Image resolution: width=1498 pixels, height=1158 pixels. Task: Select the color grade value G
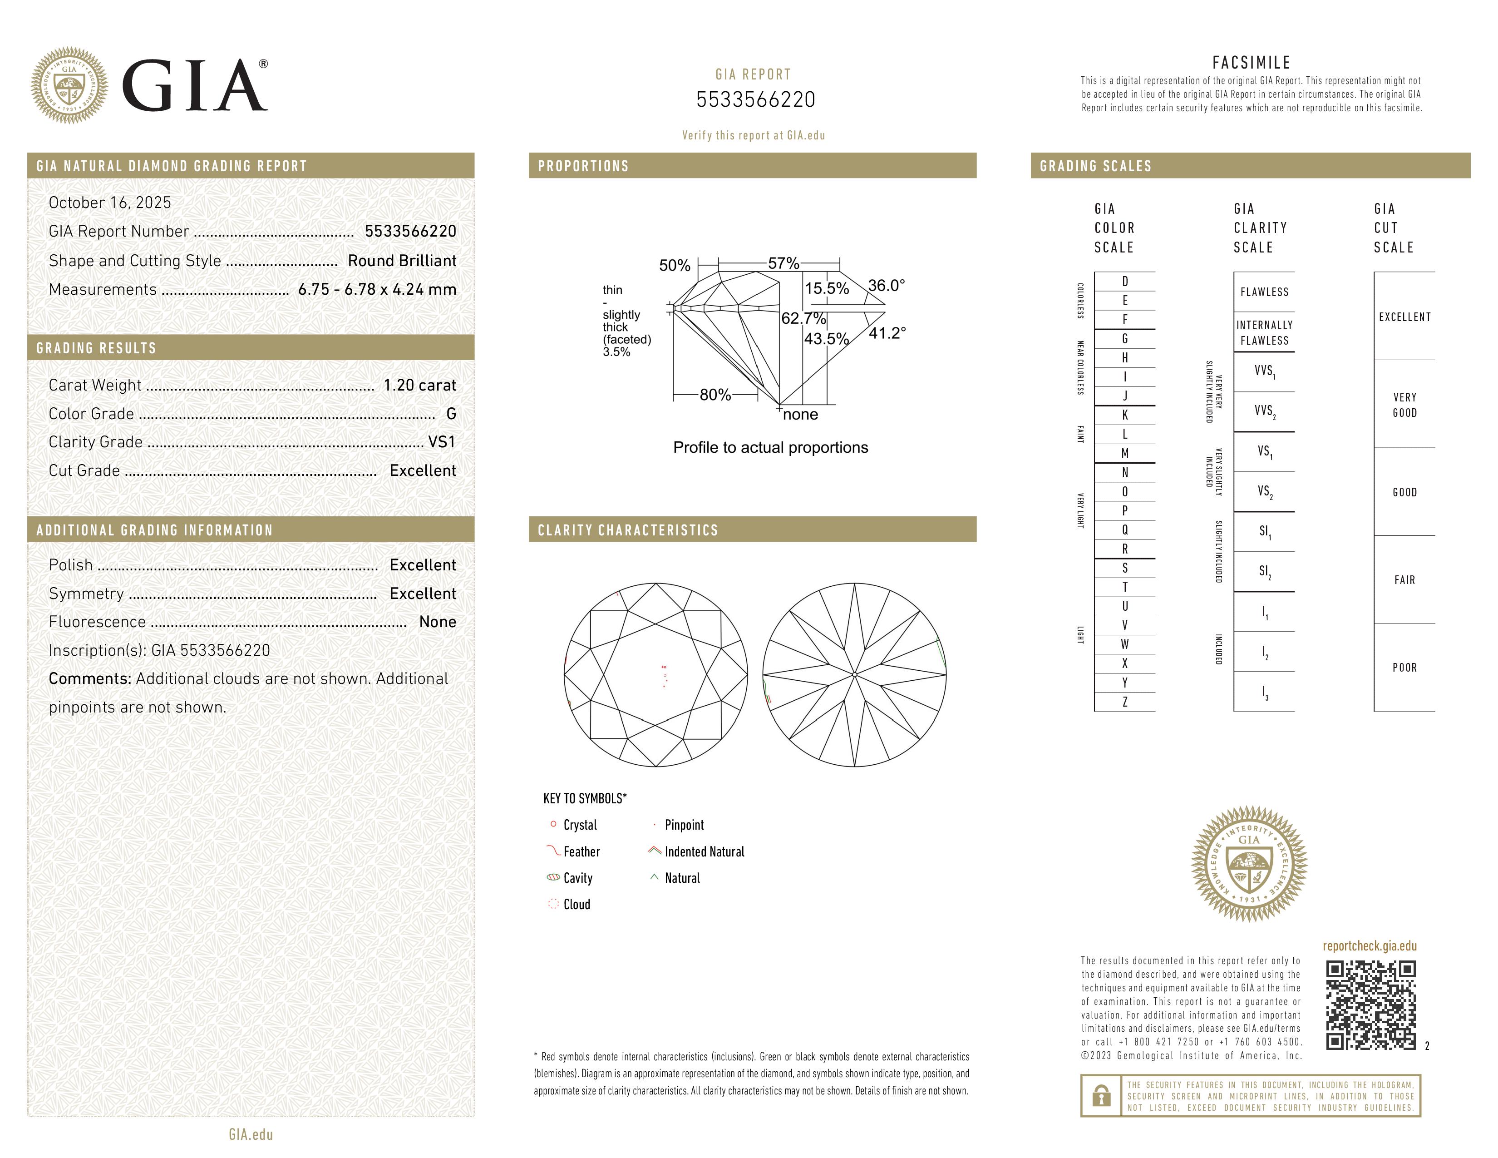451,414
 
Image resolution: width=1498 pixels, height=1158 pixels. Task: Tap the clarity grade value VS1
441,442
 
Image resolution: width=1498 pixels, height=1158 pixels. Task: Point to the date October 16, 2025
110,203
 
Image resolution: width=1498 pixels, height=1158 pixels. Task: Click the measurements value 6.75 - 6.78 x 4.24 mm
377,290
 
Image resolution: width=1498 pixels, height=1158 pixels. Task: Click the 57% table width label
783,263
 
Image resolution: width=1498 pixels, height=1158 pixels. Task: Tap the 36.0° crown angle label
886,285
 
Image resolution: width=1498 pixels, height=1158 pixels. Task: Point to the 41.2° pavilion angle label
887,333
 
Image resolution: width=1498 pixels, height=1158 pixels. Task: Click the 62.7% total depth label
803,318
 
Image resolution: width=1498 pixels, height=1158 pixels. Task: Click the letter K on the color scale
1125,415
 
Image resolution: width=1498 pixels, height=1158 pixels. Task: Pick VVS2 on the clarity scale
1264,411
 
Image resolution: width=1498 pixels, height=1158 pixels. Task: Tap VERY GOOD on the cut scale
1404,405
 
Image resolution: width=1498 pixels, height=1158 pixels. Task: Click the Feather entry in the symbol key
581,852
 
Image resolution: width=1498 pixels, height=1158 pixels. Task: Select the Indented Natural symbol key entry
704,852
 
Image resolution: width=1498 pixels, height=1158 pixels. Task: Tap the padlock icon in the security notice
1101,1096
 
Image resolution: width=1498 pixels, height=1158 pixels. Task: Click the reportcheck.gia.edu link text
1369,946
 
